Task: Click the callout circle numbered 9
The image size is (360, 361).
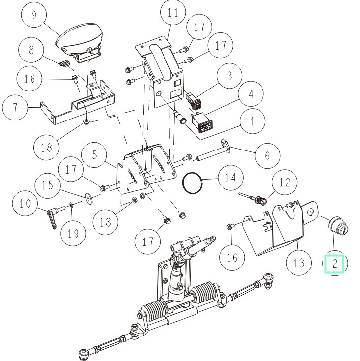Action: pyautogui.click(x=33, y=15)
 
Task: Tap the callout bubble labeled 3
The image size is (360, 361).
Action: pyautogui.click(x=229, y=76)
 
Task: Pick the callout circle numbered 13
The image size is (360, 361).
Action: pyautogui.click(x=299, y=262)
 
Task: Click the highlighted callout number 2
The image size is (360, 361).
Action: pyautogui.click(x=335, y=264)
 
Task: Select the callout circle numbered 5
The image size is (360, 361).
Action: pyautogui.click(x=95, y=154)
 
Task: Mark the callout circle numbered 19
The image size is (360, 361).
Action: pyautogui.click(x=73, y=233)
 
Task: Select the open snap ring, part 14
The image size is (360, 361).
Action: pyautogui.click(x=192, y=184)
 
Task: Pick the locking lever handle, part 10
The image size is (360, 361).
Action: pyautogui.click(x=53, y=216)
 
